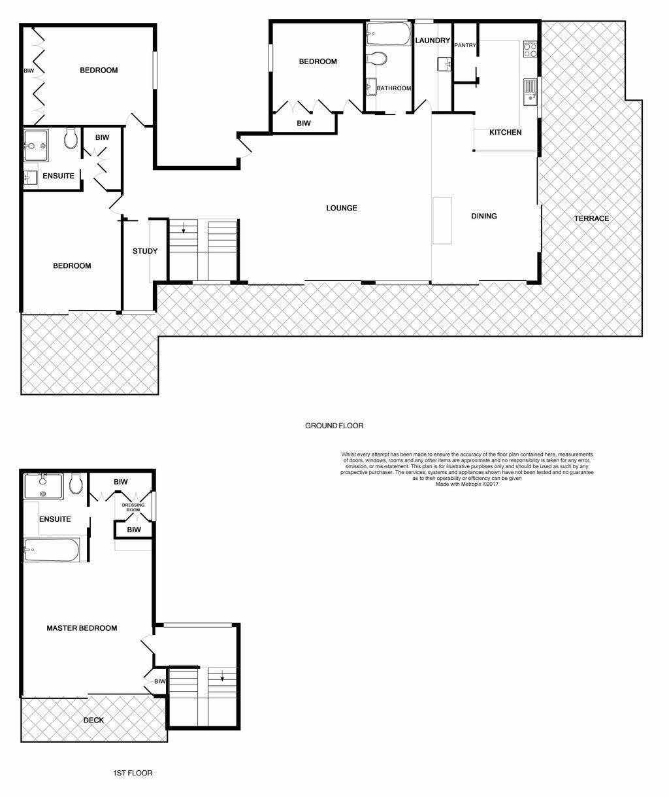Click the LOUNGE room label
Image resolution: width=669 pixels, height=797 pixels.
[x=342, y=208]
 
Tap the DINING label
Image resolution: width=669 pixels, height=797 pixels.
[x=484, y=216]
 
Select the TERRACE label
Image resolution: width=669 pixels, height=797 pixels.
[x=591, y=218]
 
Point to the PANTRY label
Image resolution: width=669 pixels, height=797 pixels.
[x=465, y=45]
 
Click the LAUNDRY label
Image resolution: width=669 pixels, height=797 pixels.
[x=432, y=41]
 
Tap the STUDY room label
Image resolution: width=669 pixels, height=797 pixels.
[x=145, y=251]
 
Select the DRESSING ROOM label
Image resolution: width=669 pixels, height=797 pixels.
[x=133, y=507]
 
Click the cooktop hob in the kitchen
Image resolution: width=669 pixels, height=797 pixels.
[x=530, y=49]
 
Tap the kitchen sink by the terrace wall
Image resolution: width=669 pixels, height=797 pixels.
[x=530, y=92]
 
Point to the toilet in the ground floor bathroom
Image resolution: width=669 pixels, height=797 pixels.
[x=377, y=58]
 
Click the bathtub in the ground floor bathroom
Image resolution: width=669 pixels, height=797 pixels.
[x=388, y=34]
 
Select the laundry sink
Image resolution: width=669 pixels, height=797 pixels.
[x=444, y=64]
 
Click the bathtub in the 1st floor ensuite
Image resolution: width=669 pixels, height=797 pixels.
[x=52, y=550]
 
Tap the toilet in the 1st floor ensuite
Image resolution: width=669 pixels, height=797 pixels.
[x=76, y=484]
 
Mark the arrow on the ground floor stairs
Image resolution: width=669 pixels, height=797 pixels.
[x=184, y=228]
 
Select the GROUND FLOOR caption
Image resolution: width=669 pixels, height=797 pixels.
[x=334, y=426]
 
